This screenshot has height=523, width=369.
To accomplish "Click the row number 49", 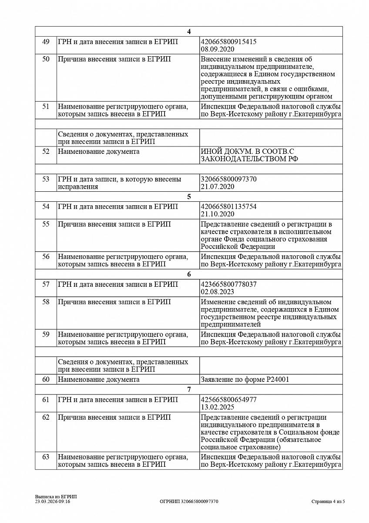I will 46,42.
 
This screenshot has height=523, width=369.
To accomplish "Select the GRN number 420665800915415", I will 228,42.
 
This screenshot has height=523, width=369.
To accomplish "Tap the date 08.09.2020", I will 217,49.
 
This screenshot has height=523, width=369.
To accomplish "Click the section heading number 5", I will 189,197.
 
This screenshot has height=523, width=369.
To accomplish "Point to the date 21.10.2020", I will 217,214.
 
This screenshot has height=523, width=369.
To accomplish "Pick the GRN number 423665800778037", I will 228,284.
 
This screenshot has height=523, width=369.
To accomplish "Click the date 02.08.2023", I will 217,292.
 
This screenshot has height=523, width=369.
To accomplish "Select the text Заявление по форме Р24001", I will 245,380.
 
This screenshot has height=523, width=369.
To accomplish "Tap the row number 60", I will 46,380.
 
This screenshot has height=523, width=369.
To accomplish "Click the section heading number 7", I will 189,389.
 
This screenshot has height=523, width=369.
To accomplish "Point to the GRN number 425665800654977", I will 228,399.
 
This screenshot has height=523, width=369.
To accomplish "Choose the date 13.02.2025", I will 217,407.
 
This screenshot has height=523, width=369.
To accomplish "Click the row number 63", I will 46,457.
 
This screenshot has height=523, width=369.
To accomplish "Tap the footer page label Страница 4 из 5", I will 328,502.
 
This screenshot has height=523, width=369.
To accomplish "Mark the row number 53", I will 46,179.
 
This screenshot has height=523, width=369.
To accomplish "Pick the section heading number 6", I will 189,274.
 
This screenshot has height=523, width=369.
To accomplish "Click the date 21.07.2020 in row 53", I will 217,187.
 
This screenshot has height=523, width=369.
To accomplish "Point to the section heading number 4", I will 189,32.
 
